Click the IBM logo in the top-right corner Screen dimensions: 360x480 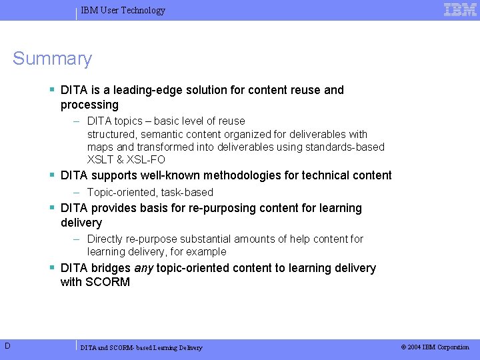coord(460,9)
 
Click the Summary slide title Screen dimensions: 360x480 coord(52,59)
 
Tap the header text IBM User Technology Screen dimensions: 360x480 coord(123,10)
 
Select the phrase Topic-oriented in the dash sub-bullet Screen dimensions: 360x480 coord(121,192)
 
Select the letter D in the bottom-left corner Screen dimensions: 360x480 coord(6,345)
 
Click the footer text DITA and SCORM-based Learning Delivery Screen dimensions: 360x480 coord(141,347)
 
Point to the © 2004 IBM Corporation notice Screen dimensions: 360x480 coord(435,347)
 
